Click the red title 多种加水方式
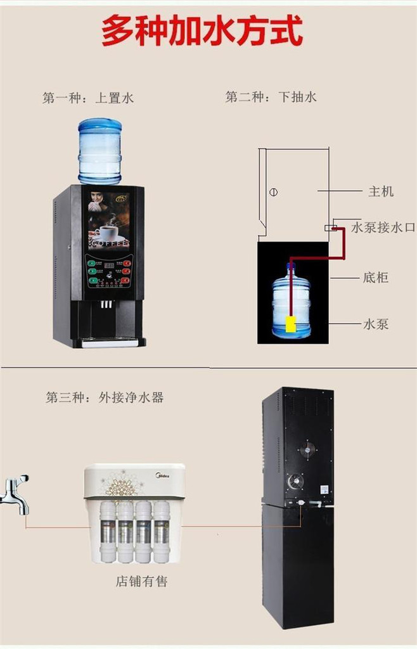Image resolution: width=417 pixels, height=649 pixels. [x=202, y=31]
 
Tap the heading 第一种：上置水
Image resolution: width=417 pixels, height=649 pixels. [x=88, y=98]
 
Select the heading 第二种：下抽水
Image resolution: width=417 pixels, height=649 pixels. [x=271, y=97]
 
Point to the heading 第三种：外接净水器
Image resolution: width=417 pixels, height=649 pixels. [x=105, y=397]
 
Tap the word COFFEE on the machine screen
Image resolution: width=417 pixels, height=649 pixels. [x=109, y=243]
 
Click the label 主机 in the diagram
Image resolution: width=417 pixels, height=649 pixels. [x=380, y=191]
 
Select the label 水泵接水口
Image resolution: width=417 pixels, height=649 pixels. [x=383, y=227]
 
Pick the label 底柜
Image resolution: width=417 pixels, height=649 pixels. [x=376, y=278]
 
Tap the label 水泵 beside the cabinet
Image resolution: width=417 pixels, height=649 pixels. [x=376, y=324]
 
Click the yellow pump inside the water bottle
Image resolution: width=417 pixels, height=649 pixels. [x=291, y=324]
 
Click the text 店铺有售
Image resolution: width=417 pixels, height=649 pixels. [x=141, y=581]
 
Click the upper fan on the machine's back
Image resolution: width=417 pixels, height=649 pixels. [x=307, y=449]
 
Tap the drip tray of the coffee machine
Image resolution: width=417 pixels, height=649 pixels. [x=108, y=343]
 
